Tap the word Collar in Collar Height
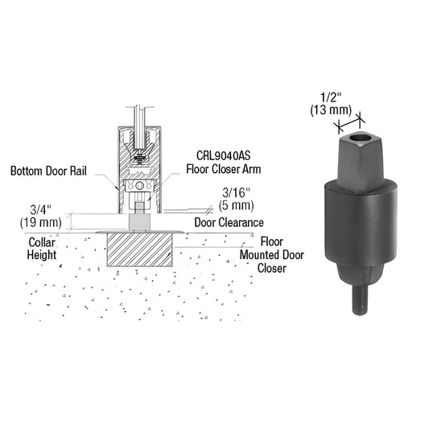click(43, 241)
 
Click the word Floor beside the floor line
click(273, 241)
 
